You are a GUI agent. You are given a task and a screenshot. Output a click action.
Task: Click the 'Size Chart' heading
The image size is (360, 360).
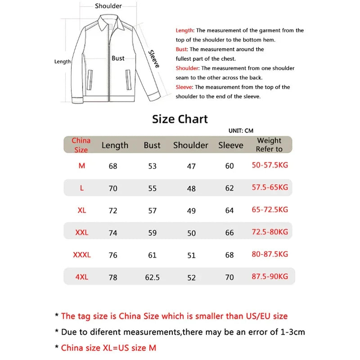pyautogui.click(x=180, y=119)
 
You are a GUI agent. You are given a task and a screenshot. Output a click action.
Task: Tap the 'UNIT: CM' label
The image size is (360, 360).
pyautogui.click(x=241, y=130)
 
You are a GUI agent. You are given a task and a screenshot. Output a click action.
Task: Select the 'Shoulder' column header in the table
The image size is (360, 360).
pyautogui.click(x=191, y=145)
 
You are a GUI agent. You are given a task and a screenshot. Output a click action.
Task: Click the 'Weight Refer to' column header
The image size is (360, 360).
pyautogui.click(x=269, y=145)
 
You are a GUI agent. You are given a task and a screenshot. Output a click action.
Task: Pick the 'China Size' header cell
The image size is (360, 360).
pyautogui.click(x=81, y=145)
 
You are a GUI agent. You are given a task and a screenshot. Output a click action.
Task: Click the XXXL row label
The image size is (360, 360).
pyautogui.click(x=81, y=255)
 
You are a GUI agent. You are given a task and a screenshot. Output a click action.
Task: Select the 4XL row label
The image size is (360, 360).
pyautogui.click(x=81, y=277)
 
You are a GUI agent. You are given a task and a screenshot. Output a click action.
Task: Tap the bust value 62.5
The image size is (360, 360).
pyautogui.click(x=153, y=278)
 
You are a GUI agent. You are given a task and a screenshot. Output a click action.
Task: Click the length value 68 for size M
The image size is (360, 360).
pyautogui.click(x=113, y=166)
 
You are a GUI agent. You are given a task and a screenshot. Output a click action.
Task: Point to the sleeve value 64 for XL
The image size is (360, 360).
pyautogui.click(x=229, y=210)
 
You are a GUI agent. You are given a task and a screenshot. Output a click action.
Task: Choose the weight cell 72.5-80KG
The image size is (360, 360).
pyautogui.click(x=270, y=232)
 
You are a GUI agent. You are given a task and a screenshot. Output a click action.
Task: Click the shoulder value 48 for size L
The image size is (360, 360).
pyautogui.click(x=191, y=189)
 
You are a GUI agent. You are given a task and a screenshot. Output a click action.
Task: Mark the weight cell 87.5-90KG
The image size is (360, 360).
pyautogui.click(x=270, y=277)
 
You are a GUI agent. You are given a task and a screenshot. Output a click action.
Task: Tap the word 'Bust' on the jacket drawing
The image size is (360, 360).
pyautogui.click(x=118, y=58)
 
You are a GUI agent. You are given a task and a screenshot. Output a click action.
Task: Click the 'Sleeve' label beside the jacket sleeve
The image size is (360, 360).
pyautogui.click(x=154, y=59)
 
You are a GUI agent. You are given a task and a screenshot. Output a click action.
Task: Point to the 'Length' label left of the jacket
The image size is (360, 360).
pyautogui.click(x=63, y=62)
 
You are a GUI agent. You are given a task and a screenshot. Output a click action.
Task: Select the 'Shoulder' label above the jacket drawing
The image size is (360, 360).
pyautogui.click(x=108, y=6)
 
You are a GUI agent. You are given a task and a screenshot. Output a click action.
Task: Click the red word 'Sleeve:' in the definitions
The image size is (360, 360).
pyautogui.click(x=184, y=87)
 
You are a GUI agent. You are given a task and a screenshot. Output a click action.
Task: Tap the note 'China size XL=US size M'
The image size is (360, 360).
pyautogui.click(x=108, y=347)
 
